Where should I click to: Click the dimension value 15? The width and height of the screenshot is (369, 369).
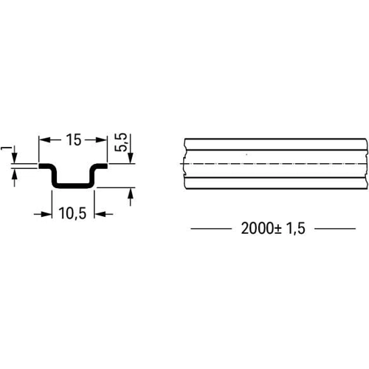(x=72, y=139)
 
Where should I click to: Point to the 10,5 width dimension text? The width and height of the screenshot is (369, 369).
(x=72, y=213)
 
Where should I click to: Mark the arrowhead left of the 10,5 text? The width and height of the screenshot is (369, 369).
(x=46, y=213)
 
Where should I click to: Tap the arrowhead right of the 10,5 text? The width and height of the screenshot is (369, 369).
(x=100, y=213)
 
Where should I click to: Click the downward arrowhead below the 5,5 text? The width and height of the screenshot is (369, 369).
(x=131, y=159)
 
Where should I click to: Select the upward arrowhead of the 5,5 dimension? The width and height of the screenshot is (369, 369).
(x=131, y=193)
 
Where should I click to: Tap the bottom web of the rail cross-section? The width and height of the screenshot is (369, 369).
(x=72, y=185)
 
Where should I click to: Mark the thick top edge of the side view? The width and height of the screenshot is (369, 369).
(x=273, y=139)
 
